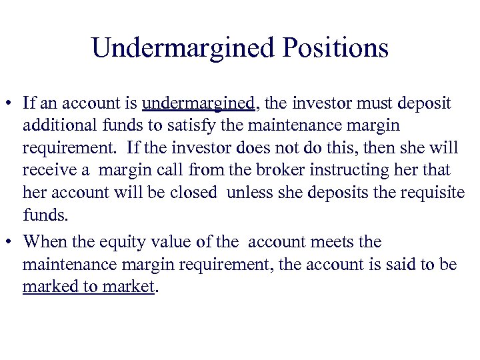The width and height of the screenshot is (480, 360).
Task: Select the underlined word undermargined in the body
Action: point(198,104)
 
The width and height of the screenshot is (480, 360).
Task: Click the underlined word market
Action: point(129,287)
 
